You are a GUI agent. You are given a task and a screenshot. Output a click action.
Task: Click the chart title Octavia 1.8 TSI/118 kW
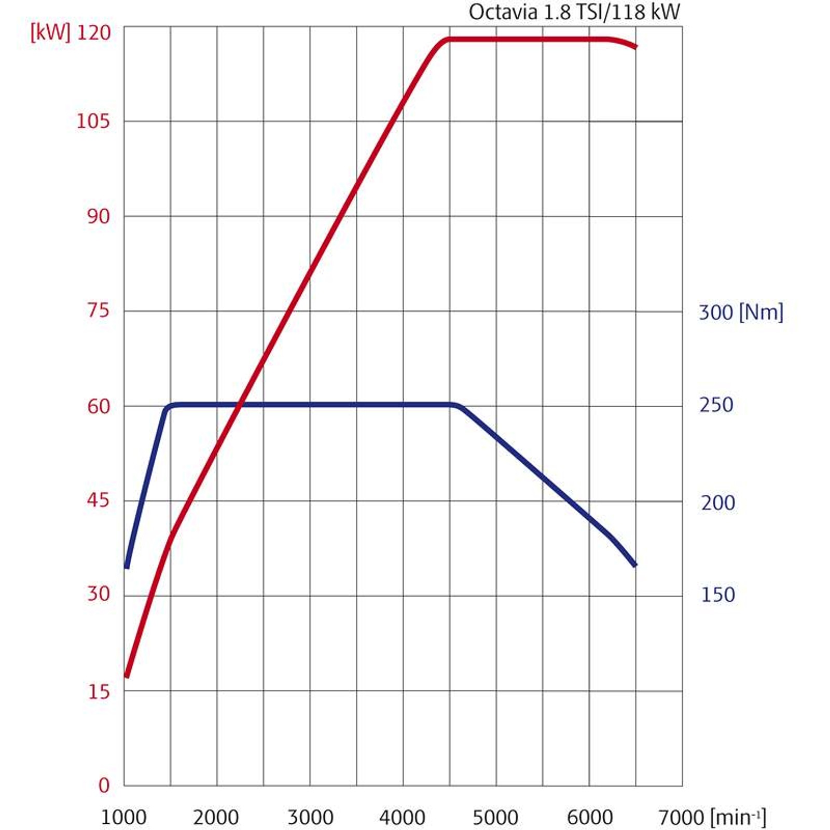(x=574, y=11)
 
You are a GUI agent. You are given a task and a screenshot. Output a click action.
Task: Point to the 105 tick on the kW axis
(x=93, y=121)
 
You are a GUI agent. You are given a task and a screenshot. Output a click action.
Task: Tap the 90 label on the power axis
(x=99, y=216)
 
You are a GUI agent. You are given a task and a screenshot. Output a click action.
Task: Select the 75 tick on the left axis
(x=99, y=310)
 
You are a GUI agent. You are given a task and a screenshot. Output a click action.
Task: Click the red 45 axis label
(x=99, y=501)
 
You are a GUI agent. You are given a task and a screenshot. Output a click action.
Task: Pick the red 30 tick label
(x=99, y=594)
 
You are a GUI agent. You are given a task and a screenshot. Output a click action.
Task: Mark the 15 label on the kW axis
(x=99, y=691)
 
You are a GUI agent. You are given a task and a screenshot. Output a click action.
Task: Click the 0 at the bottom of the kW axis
(x=104, y=785)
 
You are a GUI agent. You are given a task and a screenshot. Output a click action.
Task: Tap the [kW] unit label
(x=50, y=33)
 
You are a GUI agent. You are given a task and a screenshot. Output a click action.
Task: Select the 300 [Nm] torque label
(x=741, y=312)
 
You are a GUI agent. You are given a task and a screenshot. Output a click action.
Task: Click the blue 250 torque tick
(x=716, y=405)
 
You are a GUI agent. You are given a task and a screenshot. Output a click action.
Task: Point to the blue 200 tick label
(x=718, y=503)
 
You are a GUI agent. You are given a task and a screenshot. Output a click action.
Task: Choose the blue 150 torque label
(x=718, y=595)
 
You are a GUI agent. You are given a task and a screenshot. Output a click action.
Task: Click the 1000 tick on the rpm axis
(x=123, y=818)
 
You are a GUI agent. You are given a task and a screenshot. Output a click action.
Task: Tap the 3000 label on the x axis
(x=310, y=818)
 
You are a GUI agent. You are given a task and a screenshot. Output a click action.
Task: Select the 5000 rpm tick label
(x=495, y=818)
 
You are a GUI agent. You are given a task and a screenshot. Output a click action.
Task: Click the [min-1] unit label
(x=739, y=818)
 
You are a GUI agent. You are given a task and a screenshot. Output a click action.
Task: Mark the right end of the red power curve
(x=635, y=47)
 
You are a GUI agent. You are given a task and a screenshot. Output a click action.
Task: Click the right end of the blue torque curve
(x=634, y=564)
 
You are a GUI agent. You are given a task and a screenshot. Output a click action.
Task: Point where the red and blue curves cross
(x=240, y=405)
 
